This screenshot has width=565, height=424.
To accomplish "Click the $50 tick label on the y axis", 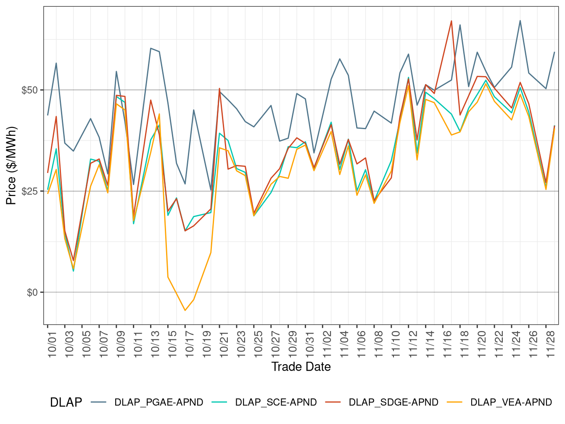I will (x=30, y=90).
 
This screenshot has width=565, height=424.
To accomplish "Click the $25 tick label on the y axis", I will (x=30, y=191).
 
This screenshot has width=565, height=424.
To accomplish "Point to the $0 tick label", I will (x=32, y=292).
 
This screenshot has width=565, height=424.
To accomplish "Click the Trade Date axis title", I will (x=301, y=367).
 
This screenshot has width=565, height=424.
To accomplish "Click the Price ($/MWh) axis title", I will (x=11, y=165).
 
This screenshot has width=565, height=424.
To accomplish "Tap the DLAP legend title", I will (x=66, y=402).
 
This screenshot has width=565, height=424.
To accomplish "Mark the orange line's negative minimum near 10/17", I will (x=185, y=310).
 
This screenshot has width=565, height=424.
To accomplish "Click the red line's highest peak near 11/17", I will (x=451, y=21).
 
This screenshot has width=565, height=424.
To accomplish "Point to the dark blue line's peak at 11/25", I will (x=520, y=21).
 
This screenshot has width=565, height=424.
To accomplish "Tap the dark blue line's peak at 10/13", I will (x=150, y=48).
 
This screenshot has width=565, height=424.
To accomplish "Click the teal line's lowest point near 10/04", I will (x=74, y=271).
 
